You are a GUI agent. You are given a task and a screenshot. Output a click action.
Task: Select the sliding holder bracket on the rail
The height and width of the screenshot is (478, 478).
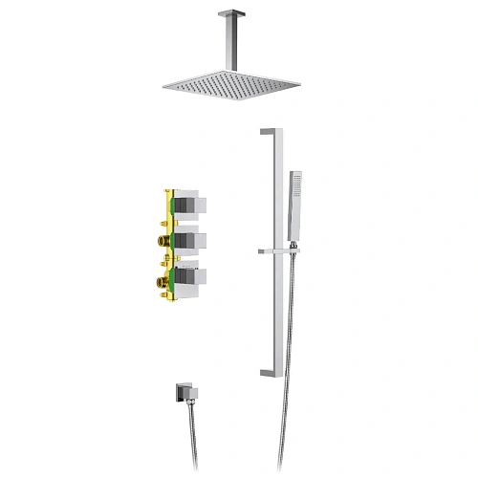(277, 251)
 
